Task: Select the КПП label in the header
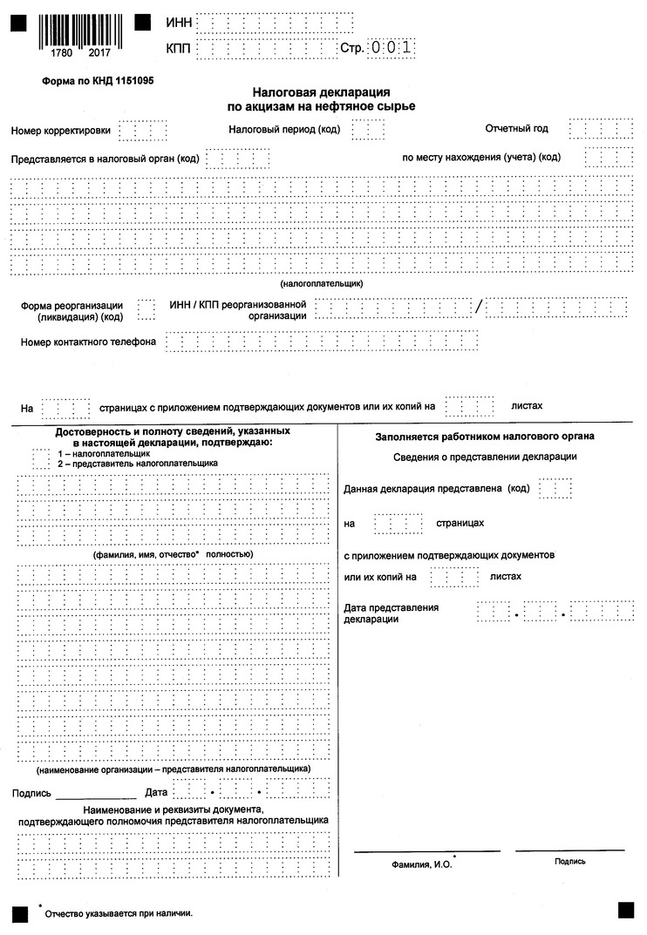click(177, 47)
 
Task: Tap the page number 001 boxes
click(390, 48)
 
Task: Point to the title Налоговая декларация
click(321, 91)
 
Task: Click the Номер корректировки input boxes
click(142, 131)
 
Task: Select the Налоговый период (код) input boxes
click(368, 130)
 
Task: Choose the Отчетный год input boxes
click(600, 129)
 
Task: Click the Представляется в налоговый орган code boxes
click(237, 159)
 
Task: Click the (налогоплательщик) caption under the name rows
click(322, 284)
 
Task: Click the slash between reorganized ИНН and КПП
click(478, 308)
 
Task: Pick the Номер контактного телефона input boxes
click(322, 342)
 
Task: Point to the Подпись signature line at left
click(96, 794)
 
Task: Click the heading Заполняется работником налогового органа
click(486, 437)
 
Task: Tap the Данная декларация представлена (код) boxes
click(555, 489)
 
